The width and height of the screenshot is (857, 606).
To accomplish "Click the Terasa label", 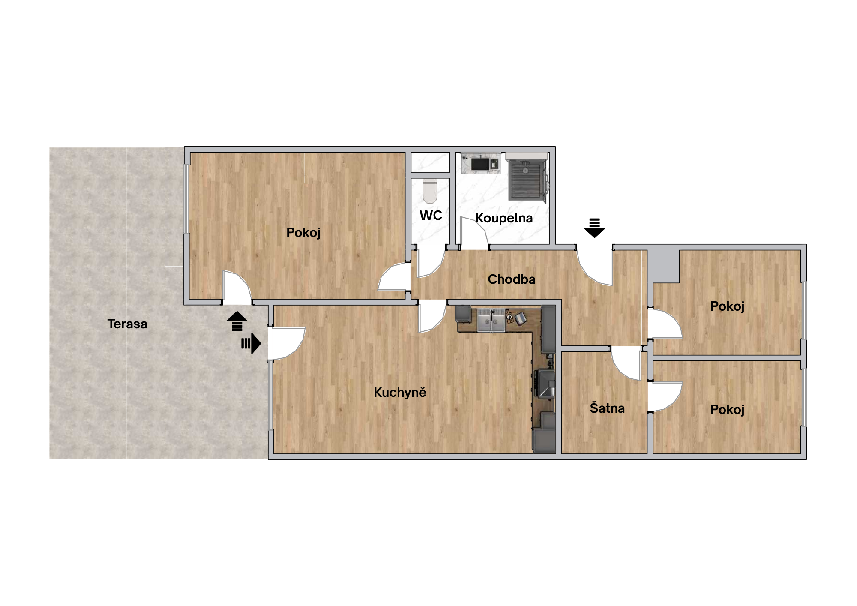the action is pos(127,324).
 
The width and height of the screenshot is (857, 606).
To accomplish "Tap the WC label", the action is pos(431,216).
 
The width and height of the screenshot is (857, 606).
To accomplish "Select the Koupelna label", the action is pos(504,218).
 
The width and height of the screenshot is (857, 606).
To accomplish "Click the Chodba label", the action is pos(512,279).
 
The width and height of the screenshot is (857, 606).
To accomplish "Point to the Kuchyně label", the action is pos(400,392).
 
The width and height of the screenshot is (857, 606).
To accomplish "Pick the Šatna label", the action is pos(607,408).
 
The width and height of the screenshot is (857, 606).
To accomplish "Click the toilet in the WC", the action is pos(430,191).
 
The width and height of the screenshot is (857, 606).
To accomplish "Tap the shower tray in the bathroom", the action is pos(525,180).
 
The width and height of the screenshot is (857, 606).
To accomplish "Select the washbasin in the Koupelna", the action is pos(481,163).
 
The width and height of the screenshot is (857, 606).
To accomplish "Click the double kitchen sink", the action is pos(491,320).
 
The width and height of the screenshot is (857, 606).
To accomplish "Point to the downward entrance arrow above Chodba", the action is pos(594,228).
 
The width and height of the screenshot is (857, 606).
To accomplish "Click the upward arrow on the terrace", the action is pos(237,321).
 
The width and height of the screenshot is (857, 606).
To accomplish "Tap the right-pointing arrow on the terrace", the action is pos(251,343).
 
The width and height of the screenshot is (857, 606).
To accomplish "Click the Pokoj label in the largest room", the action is pos(303,233).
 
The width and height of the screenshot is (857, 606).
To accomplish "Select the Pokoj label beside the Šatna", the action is pos(727,410).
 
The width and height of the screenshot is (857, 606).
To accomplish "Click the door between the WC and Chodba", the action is pos(431,264).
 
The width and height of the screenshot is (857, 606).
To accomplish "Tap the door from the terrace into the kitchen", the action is pos(286,343).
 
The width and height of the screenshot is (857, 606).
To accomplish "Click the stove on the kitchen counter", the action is pos(545,384).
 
